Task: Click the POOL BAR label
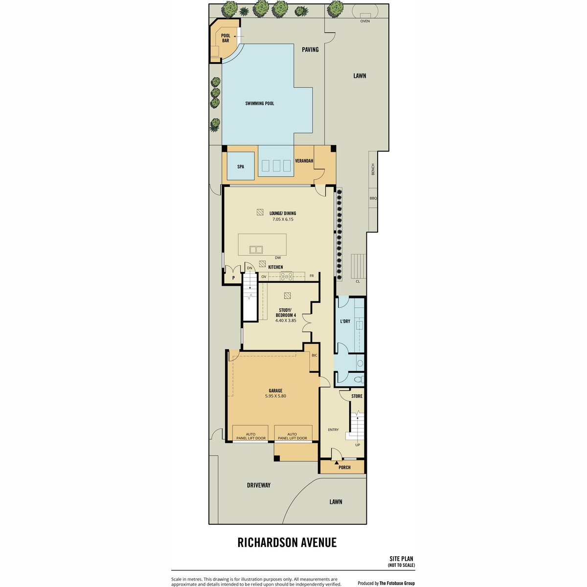coord(226,38)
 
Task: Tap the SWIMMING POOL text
coord(260,104)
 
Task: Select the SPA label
coord(241,167)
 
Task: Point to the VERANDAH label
coord(304,161)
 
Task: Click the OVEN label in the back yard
coord(365,21)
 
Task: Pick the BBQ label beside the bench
coord(373,198)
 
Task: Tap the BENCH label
coord(373,169)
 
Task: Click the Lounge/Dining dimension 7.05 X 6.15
coord(283,219)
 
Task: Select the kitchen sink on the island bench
coord(256,250)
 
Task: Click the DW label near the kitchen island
coord(278,258)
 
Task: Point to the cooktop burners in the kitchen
coord(287,276)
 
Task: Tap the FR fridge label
coord(312,276)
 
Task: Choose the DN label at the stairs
coord(249,268)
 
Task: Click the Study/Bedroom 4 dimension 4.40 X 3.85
coord(286,320)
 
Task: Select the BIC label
coord(315,355)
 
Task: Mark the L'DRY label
coord(345,321)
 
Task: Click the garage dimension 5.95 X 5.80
coord(275,396)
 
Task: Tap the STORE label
coord(357,396)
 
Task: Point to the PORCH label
coord(344,467)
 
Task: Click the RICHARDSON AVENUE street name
coord(287,542)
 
